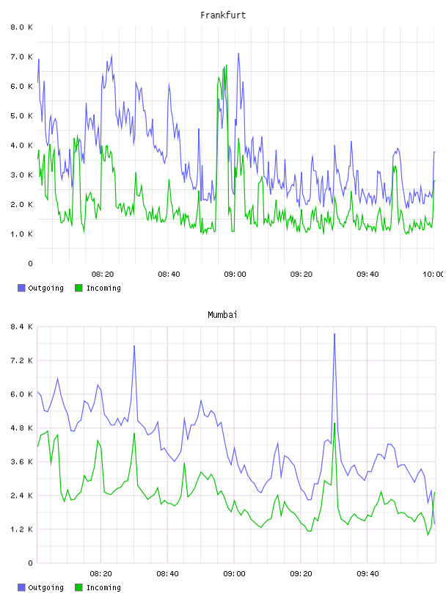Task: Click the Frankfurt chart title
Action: click(223, 15)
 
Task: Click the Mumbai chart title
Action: click(222, 315)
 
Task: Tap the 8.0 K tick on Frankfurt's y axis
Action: click(21, 27)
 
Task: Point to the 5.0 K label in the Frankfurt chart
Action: click(21, 116)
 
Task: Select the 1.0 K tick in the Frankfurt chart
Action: click(21, 233)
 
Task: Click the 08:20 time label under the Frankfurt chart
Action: click(103, 274)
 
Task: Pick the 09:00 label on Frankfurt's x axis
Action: click(235, 274)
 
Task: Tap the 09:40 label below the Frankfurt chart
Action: click(368, 274)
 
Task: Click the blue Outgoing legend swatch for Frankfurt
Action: click(21, 288)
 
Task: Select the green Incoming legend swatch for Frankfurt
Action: click(78, 288)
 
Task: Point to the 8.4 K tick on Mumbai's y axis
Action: click(21, 327)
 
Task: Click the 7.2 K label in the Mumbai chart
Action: click(21, 360)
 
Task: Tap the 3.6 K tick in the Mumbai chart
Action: click(21, 462)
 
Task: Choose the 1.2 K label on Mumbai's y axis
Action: click(21, 529)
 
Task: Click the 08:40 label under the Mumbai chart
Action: click(168, 573)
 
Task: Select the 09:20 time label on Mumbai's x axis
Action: click(301, 573)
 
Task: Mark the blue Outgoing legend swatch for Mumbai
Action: click(21, 587)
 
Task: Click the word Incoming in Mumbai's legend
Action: click(103, 587)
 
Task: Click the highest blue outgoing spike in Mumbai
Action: click(334, 334)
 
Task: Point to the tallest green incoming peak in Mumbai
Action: click(334, 423)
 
